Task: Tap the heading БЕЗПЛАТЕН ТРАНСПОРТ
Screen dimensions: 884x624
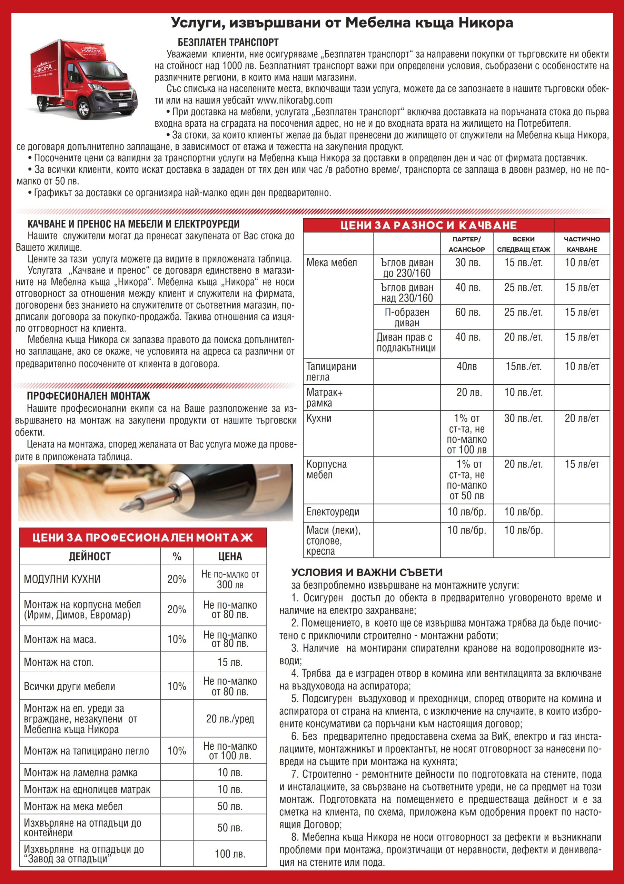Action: point(228,42)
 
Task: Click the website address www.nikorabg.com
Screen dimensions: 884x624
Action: point(294,100)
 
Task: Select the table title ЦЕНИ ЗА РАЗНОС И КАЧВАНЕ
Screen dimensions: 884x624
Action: point(428,225)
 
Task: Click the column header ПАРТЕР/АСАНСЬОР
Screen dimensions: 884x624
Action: point(466,244)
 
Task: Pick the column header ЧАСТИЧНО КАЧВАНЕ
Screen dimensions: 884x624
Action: point(582,244)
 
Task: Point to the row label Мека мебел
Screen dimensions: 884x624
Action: point(331,263)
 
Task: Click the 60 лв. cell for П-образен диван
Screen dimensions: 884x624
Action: point(467,312)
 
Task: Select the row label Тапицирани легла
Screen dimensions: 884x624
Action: point(331,372)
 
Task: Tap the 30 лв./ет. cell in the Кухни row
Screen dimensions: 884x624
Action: point(523,419)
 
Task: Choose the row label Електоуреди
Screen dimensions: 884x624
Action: point(333,512)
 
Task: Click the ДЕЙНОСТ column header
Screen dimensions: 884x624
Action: point(90,556)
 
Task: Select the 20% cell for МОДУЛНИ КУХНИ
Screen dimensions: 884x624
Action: point(177,579)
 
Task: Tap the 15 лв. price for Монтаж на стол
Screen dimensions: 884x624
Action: point(230,662)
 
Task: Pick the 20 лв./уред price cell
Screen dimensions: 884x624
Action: point(230,719)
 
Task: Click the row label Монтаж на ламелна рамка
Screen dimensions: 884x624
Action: point(80,773)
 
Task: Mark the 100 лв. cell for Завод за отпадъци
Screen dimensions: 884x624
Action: point(230,854)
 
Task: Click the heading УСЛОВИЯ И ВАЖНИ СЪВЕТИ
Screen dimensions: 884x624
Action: point(367,573)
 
